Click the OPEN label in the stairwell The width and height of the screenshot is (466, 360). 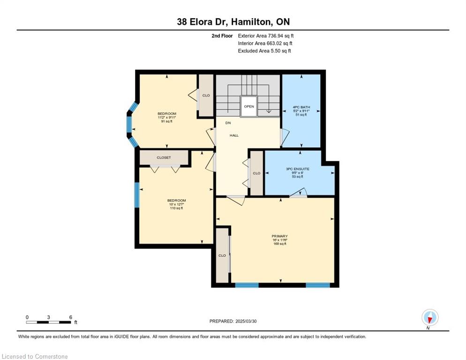click(x=249, y=106)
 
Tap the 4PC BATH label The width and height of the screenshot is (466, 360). click(x=301, y=107)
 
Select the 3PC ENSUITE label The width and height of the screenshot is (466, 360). click(x=298, y=169)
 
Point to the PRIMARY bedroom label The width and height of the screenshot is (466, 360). click(x=280, y=236)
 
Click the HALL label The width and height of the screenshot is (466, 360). click(x=234, y=135)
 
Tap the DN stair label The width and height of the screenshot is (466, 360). click(x=228, y=123)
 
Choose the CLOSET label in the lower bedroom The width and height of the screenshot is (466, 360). click(x=164, y=157)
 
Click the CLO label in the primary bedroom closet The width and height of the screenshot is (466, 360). click(x=222, y=255)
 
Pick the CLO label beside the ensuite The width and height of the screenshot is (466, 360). click(x=256, y=173)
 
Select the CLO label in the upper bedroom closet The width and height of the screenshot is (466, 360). click(x=206, y=96)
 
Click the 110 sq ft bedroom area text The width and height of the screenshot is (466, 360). click(x=176, y=208)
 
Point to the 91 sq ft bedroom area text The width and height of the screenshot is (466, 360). click(x=167, y=121)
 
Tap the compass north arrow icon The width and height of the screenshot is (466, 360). click(x=430, y=318)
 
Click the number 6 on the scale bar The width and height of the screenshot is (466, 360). click(x=71, y=317)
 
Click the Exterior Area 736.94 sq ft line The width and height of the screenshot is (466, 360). click(x=266, y=36)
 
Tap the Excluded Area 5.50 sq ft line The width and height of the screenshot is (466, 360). click(x=264, y=51)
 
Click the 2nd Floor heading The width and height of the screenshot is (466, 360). click(x=222, y=36)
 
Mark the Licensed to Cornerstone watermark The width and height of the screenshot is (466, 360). click(x=35, y=356)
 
